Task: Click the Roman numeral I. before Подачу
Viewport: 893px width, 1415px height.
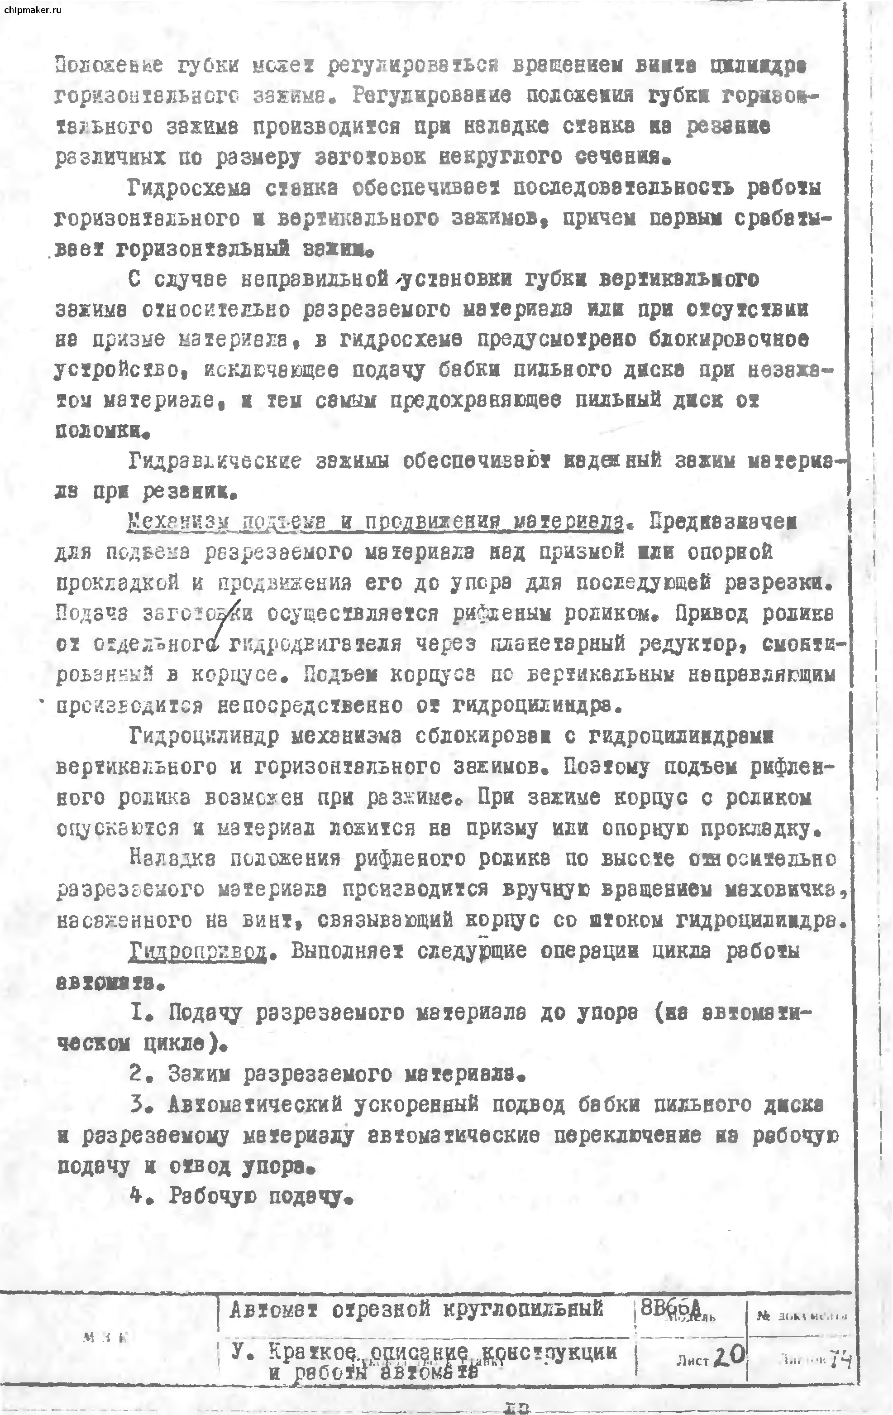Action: pyautogui.click(x=138, y=1012)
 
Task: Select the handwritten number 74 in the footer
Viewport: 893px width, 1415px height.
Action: pyautogui.click(x=840, y=1360)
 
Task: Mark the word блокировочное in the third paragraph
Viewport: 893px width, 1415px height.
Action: pyautogui.click(x=735, y=339)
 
